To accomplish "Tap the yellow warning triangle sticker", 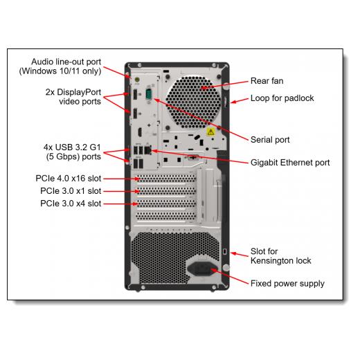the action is [210, 132].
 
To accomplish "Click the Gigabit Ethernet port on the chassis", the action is [147, 150].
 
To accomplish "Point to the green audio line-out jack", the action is [137, 80].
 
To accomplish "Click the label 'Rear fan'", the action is [267, 81].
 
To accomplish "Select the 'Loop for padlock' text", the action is [282, 98].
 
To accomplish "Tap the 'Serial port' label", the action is [270, 140].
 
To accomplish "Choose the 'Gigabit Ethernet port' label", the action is [290, 163].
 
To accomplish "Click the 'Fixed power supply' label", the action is [287, 284].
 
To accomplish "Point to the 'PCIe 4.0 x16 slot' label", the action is [69, 179].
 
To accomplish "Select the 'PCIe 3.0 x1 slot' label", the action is [71, 191].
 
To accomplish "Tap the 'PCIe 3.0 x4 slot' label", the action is [71, 204].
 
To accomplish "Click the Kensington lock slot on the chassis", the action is [225, 251].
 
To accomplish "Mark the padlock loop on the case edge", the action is [225, 102].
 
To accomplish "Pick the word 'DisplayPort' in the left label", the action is [79, 92].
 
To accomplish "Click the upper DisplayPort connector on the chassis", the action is [135, 94].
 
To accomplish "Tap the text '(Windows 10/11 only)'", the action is [60, 71].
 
